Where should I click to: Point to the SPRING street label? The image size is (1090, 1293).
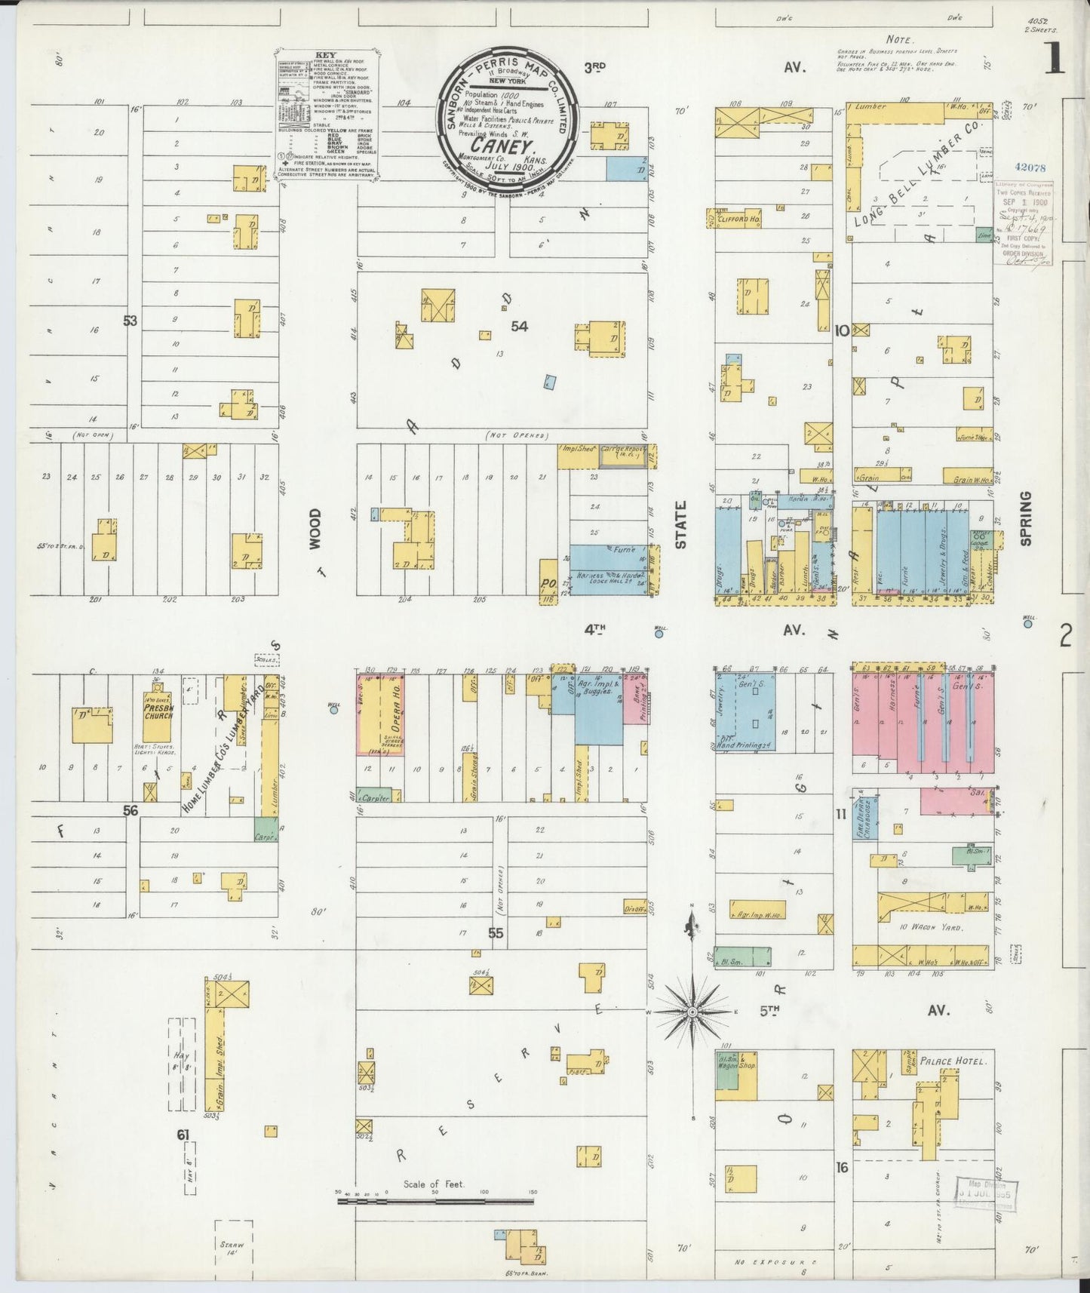click(x=1025, y=518)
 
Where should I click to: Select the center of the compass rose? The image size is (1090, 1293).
click(x=692, y=1010)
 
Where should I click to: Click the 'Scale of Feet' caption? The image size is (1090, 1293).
click(x=434, y=1184)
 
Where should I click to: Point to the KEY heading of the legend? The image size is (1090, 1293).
click(x=325, y=55)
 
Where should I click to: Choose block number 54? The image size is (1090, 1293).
click(x=519, y=326)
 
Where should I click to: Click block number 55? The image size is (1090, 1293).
click(x=495, y=933)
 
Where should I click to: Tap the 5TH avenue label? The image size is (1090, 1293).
click(x=769, y=1010)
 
